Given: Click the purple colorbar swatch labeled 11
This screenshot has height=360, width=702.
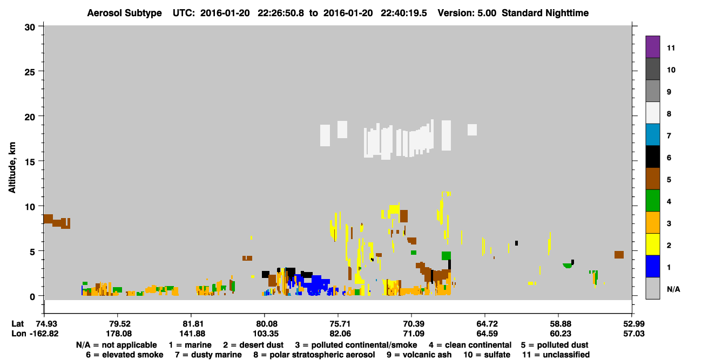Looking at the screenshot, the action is pos(652,46).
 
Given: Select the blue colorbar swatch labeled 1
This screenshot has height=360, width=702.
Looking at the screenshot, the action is pos(652,266).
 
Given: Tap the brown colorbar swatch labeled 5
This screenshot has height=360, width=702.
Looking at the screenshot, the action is pos(652,178).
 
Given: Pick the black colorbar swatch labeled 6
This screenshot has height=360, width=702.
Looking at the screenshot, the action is pos(652,157).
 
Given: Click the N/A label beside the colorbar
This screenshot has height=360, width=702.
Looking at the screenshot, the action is pos(673,289).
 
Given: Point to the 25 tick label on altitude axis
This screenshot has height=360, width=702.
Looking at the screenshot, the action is pos(30,72).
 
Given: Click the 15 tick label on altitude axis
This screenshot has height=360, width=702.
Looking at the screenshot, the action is pos(30,162).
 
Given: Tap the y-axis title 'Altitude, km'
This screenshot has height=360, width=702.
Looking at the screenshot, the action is pos(12,167).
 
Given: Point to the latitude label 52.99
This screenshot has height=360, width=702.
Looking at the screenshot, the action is pos(632,324).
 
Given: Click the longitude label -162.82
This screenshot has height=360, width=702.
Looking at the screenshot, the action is pos(44,334).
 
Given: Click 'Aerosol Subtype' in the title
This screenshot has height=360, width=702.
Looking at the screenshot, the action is pos(124,13).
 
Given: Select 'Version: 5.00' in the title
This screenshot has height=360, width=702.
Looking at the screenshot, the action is pos(467,13).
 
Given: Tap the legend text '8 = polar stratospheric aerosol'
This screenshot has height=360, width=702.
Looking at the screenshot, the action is pos(314,355).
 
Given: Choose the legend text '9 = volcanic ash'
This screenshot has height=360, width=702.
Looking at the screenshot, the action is pos(418,355).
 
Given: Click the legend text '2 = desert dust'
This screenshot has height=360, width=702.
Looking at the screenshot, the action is pos(253,345).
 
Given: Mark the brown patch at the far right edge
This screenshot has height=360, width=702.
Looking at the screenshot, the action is pos(619,255).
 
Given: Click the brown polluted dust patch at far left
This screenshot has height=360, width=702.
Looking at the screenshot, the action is pos(57,221).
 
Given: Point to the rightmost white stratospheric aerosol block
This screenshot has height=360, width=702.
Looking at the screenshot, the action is pos(473,130).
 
